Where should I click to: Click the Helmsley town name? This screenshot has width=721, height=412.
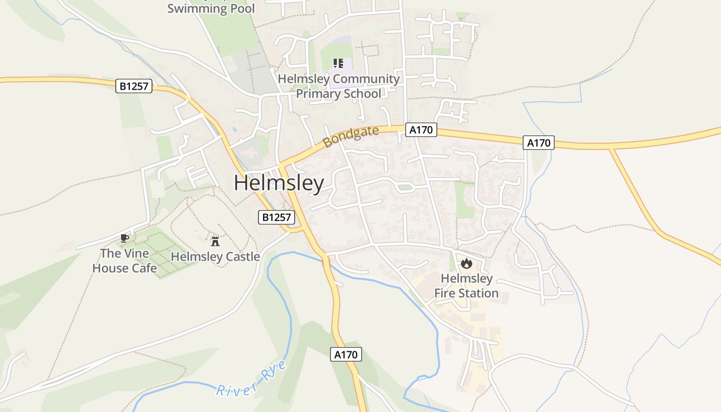279,183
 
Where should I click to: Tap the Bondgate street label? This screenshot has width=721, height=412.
351,136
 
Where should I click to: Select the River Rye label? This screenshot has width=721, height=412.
251,381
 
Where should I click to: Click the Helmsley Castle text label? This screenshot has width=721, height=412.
215,256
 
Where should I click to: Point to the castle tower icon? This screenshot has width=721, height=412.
215,241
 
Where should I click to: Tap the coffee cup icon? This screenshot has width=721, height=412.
124,237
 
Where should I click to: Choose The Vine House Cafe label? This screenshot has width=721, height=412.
125,261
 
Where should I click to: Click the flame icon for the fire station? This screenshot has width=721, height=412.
467,264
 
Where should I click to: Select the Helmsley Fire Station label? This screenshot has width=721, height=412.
467,286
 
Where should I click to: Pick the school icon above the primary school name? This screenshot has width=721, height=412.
338,63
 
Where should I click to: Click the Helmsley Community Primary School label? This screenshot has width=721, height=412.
339,86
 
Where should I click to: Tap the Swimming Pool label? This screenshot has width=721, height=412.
211,8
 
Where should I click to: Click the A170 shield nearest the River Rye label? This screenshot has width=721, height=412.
346,354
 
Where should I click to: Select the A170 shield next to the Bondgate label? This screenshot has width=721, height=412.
421,130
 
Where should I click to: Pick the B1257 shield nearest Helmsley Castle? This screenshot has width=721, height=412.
277,217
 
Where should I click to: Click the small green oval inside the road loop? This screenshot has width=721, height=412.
405,187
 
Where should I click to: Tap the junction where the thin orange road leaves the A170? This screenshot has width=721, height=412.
611,149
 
